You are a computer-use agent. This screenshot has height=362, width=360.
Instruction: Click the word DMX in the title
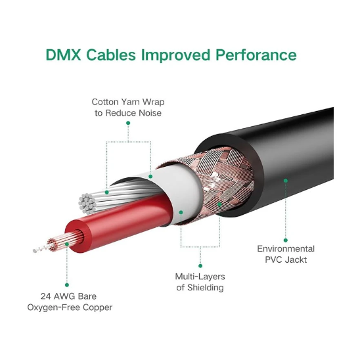click(64, 55)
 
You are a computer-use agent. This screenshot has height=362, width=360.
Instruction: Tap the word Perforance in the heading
click(256, 55)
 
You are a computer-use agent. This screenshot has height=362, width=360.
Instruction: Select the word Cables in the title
click(111, 55)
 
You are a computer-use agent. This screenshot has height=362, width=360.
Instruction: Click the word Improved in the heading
click(175, 55)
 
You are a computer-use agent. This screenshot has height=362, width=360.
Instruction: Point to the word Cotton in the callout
click(105, 102)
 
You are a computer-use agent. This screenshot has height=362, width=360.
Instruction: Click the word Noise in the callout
click(150, 113)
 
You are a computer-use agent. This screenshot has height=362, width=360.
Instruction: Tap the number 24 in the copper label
click(45, 296)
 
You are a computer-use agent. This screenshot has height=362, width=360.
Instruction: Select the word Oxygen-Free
click(54, 307)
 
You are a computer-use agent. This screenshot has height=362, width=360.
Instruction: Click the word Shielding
click(205, 288)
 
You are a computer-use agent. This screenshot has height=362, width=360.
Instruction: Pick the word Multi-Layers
click(200, 277)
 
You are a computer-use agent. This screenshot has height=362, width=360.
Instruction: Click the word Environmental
click(286, 249)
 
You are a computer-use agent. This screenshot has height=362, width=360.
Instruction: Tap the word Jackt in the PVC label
click(296, 260)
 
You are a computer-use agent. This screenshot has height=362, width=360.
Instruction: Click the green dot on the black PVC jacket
click(286, 181)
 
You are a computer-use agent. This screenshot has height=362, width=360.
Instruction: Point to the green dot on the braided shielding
click(219, 204)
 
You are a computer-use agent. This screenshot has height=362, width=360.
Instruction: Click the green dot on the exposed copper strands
click(67, 244)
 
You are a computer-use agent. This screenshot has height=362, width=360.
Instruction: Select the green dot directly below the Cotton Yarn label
click(128, 123)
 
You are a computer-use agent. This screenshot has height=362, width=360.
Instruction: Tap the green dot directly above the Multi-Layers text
click(200, 266)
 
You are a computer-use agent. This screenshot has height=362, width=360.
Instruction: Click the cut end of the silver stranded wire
click(87, 204)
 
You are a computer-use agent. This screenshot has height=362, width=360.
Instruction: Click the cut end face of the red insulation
click(77, 237)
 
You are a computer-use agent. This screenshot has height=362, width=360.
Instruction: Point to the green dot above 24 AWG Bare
click(67, 285)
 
